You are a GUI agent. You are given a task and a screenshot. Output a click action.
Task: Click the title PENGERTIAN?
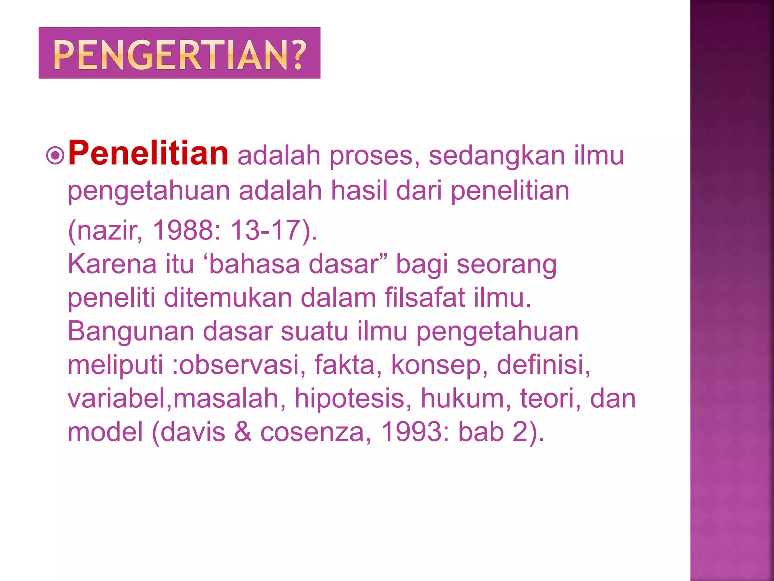[x=179, y=54]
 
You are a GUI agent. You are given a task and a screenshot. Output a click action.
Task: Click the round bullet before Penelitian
[x=56, y=155]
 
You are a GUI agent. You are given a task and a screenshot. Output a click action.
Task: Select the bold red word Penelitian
[x=148, y=154]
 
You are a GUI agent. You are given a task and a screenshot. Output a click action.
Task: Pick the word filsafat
[x=424, y=298]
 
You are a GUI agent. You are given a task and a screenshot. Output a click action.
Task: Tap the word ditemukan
[x=228, y=298]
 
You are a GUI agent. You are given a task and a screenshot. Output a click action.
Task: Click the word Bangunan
[x=131, y=332]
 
